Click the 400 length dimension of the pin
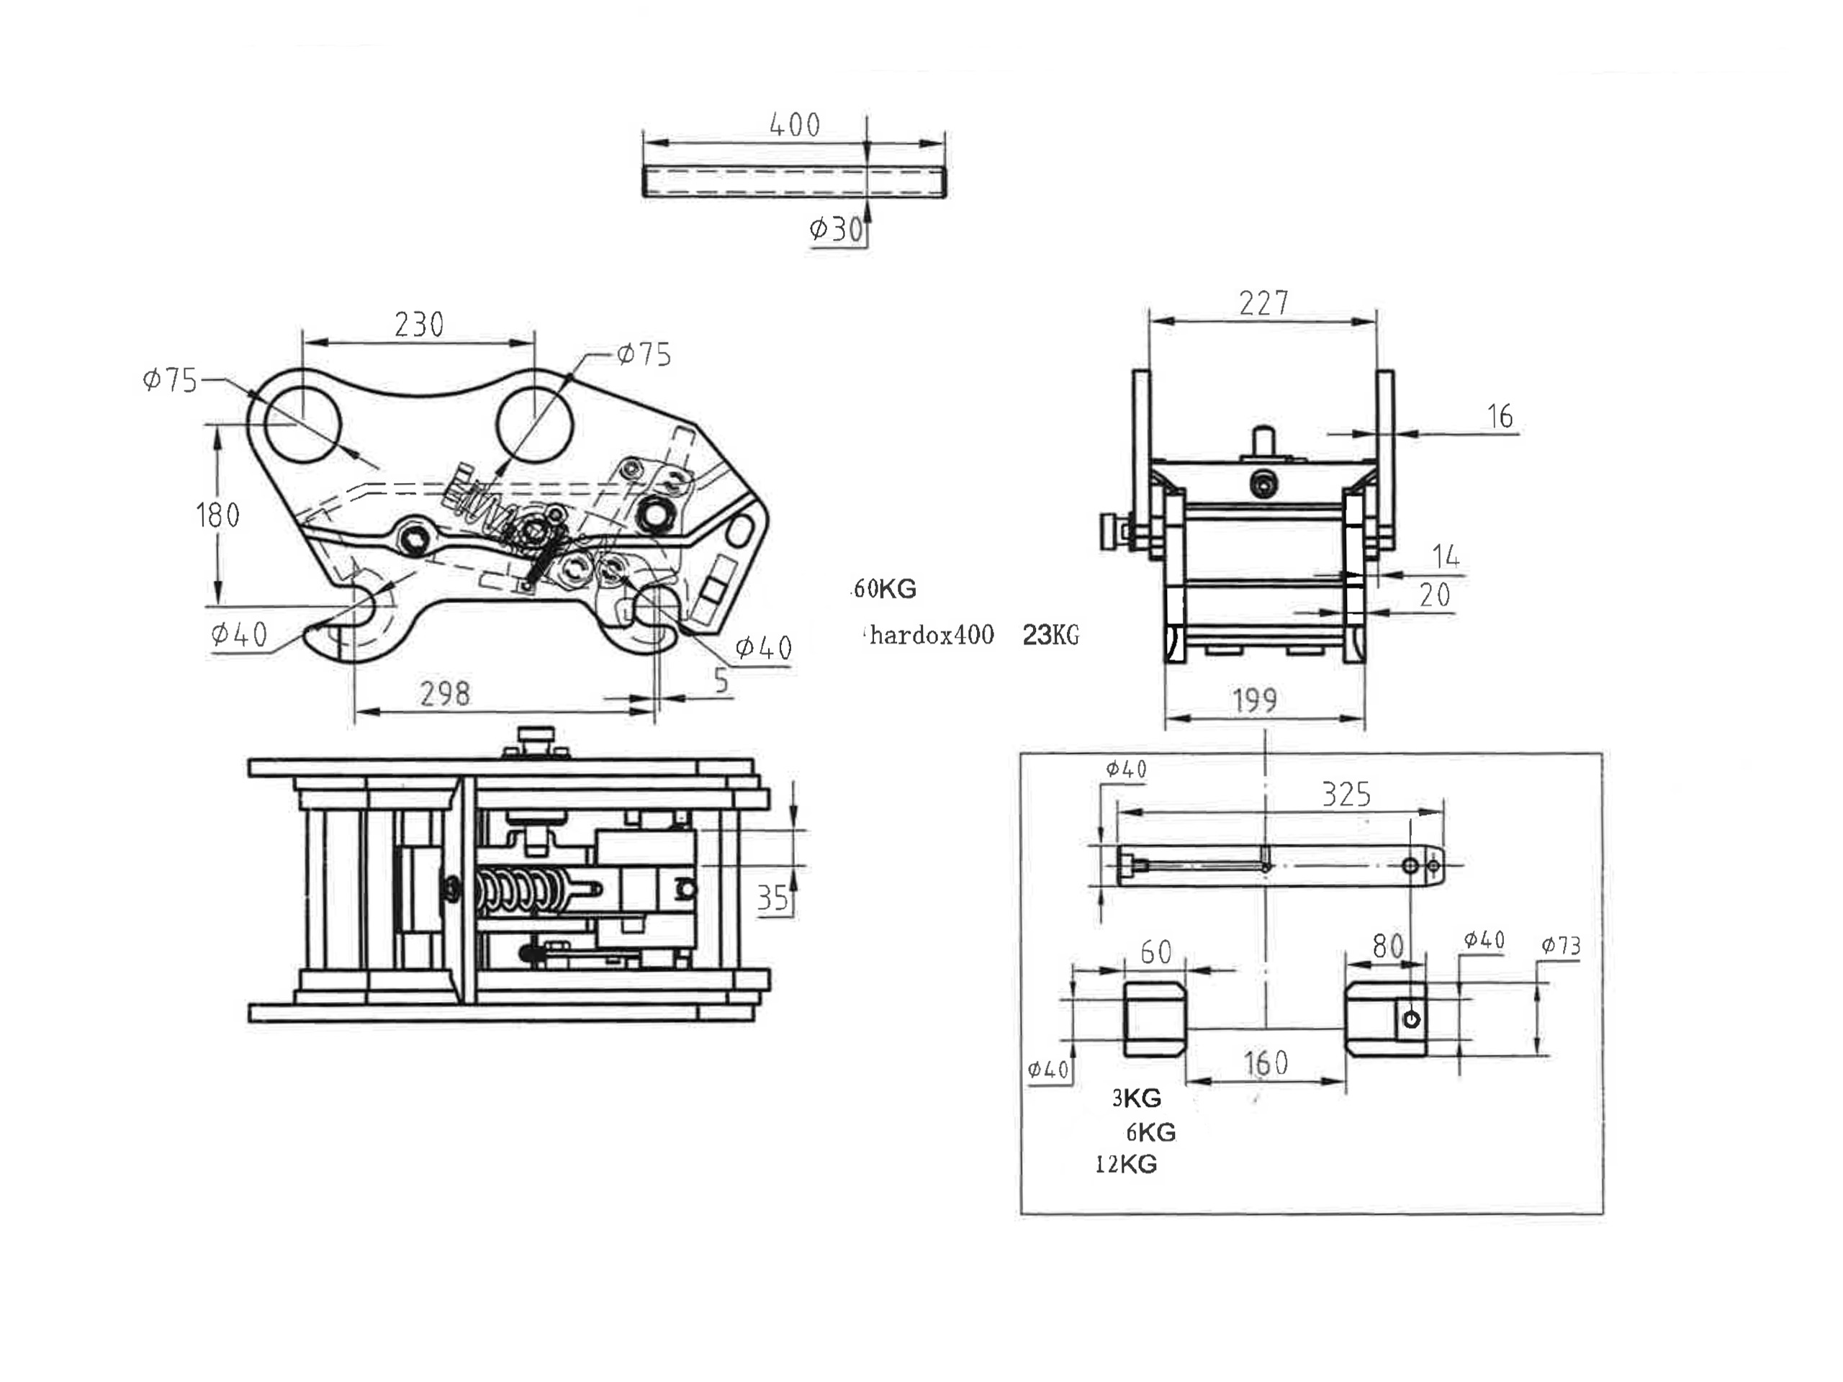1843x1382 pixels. [795, 125]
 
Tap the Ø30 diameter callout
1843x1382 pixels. [837, 228]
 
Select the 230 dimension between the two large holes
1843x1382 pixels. [419, 324]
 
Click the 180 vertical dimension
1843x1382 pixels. [217, 515]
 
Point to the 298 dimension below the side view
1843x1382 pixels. [445, 693]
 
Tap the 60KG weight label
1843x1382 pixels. [885, 589]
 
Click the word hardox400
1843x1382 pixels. [932, 636]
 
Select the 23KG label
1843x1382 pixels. [1050, 636]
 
